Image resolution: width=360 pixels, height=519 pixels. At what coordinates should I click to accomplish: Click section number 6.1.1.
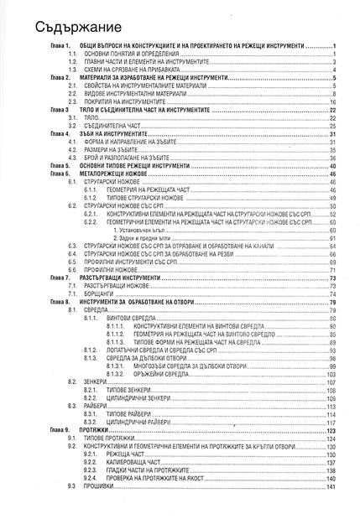91,190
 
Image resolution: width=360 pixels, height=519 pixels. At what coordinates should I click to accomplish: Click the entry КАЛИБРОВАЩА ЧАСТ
135,462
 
